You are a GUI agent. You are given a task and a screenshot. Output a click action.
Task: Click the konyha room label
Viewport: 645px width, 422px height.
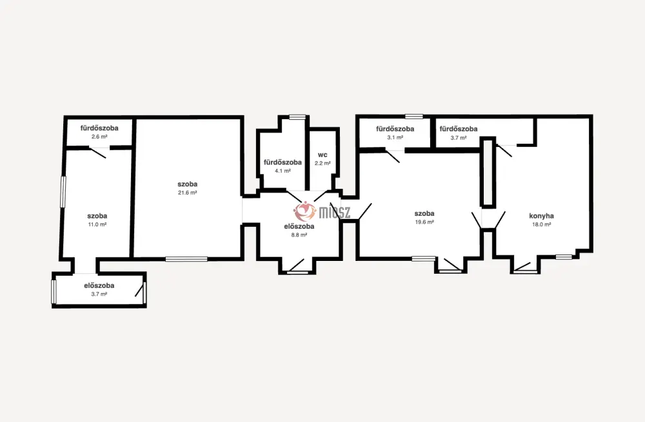tap(541, 216)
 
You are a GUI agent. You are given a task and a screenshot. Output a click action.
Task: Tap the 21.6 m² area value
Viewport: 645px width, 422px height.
tap(187, 193)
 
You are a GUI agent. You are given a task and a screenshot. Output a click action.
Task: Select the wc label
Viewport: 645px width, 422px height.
tap(322, 155)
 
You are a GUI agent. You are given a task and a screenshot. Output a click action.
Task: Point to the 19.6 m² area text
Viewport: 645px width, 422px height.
tap(424, 222)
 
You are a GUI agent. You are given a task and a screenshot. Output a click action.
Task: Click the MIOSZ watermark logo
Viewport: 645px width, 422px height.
tap(322, 211)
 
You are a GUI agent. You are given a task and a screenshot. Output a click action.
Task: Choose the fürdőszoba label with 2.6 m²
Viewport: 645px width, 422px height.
tap(99, 128)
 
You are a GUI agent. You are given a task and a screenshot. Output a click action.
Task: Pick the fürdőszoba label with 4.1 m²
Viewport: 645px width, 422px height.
tap(283, 162)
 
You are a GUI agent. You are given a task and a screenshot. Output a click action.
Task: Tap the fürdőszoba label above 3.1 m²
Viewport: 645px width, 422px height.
tap(395, 129)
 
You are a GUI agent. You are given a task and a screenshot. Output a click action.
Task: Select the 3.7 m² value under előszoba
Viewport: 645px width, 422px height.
tap(99, 294)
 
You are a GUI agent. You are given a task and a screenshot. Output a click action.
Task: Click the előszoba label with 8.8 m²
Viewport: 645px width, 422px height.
tap(299, 226)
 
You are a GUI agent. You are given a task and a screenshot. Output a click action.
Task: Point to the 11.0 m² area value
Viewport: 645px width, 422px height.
tap(97, 225)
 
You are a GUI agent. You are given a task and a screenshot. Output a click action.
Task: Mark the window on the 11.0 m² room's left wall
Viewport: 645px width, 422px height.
tap(63, 192)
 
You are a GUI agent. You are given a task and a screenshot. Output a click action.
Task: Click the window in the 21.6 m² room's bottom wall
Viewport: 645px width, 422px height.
tap(186, 259)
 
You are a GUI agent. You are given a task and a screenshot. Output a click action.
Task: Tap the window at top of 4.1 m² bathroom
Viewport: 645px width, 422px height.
tap(297, 117)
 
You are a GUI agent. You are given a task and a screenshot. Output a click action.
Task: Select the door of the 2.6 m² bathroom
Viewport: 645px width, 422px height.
tap(98, 153)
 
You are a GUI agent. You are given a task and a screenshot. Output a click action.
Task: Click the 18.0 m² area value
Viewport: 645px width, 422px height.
tap(541, 225)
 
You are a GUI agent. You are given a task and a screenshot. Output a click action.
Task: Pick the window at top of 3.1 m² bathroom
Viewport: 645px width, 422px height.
tap(414, 117)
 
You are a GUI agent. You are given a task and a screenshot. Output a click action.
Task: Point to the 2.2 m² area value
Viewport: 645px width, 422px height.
tap(322, 164)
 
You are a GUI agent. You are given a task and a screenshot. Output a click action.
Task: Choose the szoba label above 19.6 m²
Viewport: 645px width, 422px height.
tap(424, 214)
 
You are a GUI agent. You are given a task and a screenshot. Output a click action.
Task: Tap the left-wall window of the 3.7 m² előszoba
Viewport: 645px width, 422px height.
tap(54, 292)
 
